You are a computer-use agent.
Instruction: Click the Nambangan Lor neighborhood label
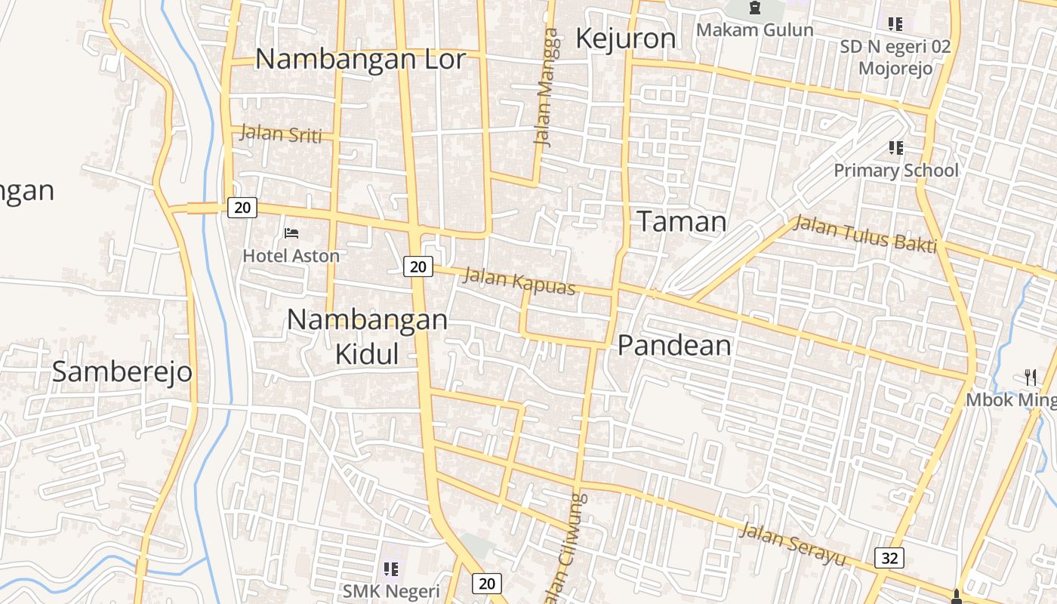[360, 59]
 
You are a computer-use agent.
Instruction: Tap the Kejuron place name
[625, 39]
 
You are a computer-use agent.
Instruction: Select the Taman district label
[682, 221]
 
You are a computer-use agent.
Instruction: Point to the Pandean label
[674, 345]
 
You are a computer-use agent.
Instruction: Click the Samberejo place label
[122, 371]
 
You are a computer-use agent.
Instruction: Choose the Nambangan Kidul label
[367, 336]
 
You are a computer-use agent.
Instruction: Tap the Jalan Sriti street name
[280, 134]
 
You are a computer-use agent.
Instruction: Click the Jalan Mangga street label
[547, 87]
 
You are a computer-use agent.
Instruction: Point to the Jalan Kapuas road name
[519, 281]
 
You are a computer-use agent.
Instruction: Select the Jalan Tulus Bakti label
[865, 234]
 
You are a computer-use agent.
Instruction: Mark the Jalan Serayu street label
[792, 544]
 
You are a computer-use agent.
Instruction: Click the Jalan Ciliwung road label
[572, 547]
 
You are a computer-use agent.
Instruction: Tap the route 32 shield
[890, 558]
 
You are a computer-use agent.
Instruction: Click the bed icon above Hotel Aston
[291, 233]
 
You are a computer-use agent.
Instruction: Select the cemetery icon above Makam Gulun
[754, 8]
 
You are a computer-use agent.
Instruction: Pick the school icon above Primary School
[895, 147]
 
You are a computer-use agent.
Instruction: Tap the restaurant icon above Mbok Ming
[1031, 377]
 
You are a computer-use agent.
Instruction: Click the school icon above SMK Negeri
[390, 569]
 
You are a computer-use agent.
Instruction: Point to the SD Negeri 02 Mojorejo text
[895, 57]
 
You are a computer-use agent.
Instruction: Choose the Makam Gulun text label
[754, 30]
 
